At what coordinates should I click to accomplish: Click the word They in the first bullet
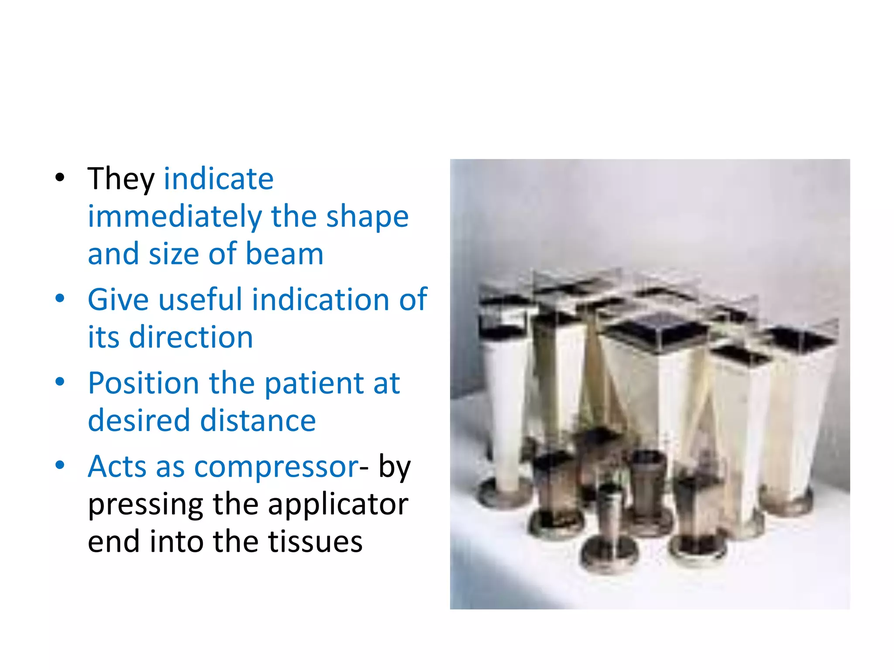pos(121,179)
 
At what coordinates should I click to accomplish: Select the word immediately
pos(175,217)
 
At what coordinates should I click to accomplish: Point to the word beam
pos(284,254)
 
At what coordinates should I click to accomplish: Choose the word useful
pos(200,300)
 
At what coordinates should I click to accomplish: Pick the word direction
pos(191,337)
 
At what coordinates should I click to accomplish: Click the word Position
pos(144,383)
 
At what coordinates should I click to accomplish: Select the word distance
pos(258,420)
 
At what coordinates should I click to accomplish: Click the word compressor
pos(276,467)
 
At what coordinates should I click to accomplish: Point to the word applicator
pos(338,504)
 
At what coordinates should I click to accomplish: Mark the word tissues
pos(315,541)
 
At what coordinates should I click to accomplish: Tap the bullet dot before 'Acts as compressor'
pos(60,465)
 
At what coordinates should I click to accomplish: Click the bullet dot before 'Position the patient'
pos(60,382)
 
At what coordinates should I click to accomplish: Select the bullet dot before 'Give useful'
pos(60,298)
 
